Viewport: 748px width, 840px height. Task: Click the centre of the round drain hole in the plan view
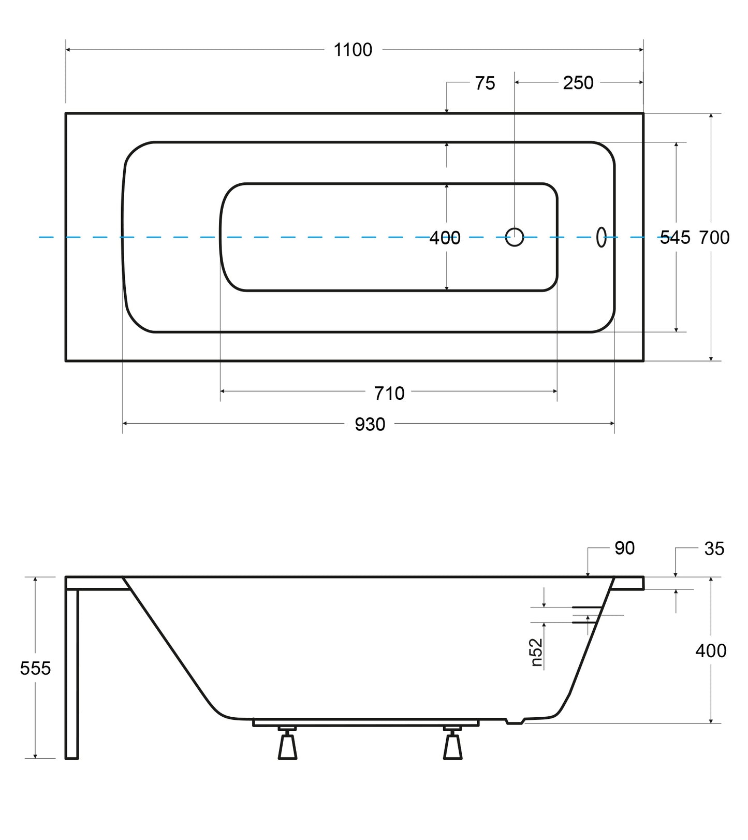coord(514,237)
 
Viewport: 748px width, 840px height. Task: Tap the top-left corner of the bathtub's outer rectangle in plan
coord(66,113)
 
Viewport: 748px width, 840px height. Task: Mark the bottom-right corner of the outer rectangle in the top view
coord(643,360)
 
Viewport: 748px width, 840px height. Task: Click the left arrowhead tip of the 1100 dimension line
coord(66,50)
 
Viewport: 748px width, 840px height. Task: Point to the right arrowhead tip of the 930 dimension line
coord(614,424)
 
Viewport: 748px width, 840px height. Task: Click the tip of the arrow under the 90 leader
coord(588,576)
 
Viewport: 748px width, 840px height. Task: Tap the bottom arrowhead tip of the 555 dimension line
coord(35,758)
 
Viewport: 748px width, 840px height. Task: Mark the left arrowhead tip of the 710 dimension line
coord(221,392)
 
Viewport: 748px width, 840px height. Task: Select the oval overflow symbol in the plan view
coord(601,237)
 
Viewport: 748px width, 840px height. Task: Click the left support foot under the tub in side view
coord(287,743)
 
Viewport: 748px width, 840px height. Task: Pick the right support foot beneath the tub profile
coord(453,743)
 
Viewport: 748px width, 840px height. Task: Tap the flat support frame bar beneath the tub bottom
coord(365,722)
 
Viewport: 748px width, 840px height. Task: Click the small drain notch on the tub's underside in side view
coord(515,721)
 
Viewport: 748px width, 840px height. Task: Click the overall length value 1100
coord(353,50)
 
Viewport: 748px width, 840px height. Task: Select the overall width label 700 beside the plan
coord(714,238)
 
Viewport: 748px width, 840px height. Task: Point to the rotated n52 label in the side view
coord(537,652)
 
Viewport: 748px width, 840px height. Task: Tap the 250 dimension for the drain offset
coord(578,83)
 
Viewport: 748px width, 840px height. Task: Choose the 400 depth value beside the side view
coord(711,650)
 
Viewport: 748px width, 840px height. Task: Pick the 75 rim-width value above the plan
coord(485,83)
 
